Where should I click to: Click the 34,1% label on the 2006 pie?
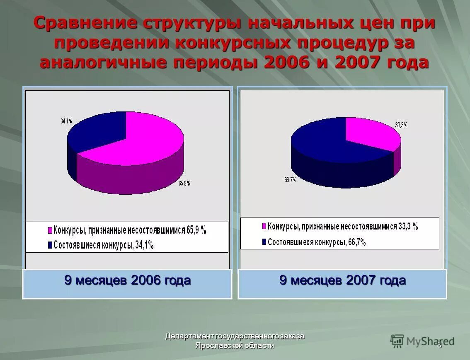click(66, 121)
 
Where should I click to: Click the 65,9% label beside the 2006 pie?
click(184, 183)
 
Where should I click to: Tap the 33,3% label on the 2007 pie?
click(401, 125)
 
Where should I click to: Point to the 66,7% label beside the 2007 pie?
click(290, 180)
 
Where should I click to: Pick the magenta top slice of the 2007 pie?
click(369, 133)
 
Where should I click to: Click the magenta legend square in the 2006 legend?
click(51, 231)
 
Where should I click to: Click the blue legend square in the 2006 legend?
click(51, 245)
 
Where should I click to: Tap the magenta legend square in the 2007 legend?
click(264, 226)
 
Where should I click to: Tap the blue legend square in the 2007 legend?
click(264, 242)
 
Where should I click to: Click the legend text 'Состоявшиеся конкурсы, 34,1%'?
click(104, 245)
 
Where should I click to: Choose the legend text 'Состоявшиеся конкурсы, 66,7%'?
click(317, 242)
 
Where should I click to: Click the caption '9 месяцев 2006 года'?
click(127, 280)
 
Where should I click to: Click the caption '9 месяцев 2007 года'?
click(342, 280)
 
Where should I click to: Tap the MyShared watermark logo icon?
click(397, 341)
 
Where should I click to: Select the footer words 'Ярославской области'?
click(235, 346)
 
